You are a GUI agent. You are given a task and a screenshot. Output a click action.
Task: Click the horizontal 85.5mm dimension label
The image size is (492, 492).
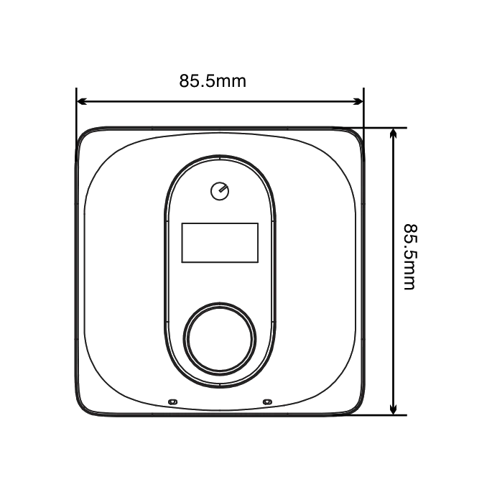[213, 81]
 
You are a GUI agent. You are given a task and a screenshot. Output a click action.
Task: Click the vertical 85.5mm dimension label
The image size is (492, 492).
[410, 256]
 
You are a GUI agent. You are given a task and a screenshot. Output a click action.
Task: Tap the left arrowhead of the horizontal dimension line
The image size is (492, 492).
[82, 101]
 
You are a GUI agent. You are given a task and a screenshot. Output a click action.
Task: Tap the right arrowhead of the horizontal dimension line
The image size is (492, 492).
[358, 101]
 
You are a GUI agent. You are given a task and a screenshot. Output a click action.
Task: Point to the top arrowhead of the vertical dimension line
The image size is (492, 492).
[393, 134]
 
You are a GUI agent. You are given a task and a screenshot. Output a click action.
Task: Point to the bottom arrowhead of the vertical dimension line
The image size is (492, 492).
[393, 409]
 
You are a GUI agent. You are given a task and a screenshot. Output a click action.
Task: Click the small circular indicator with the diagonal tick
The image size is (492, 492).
[220, 191]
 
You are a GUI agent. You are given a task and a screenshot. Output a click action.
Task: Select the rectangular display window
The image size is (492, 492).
[220, 243]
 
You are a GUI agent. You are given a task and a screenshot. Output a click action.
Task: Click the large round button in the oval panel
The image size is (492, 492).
[220, 339]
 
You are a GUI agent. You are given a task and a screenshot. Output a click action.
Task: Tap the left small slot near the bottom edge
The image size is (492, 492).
[173, 402]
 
